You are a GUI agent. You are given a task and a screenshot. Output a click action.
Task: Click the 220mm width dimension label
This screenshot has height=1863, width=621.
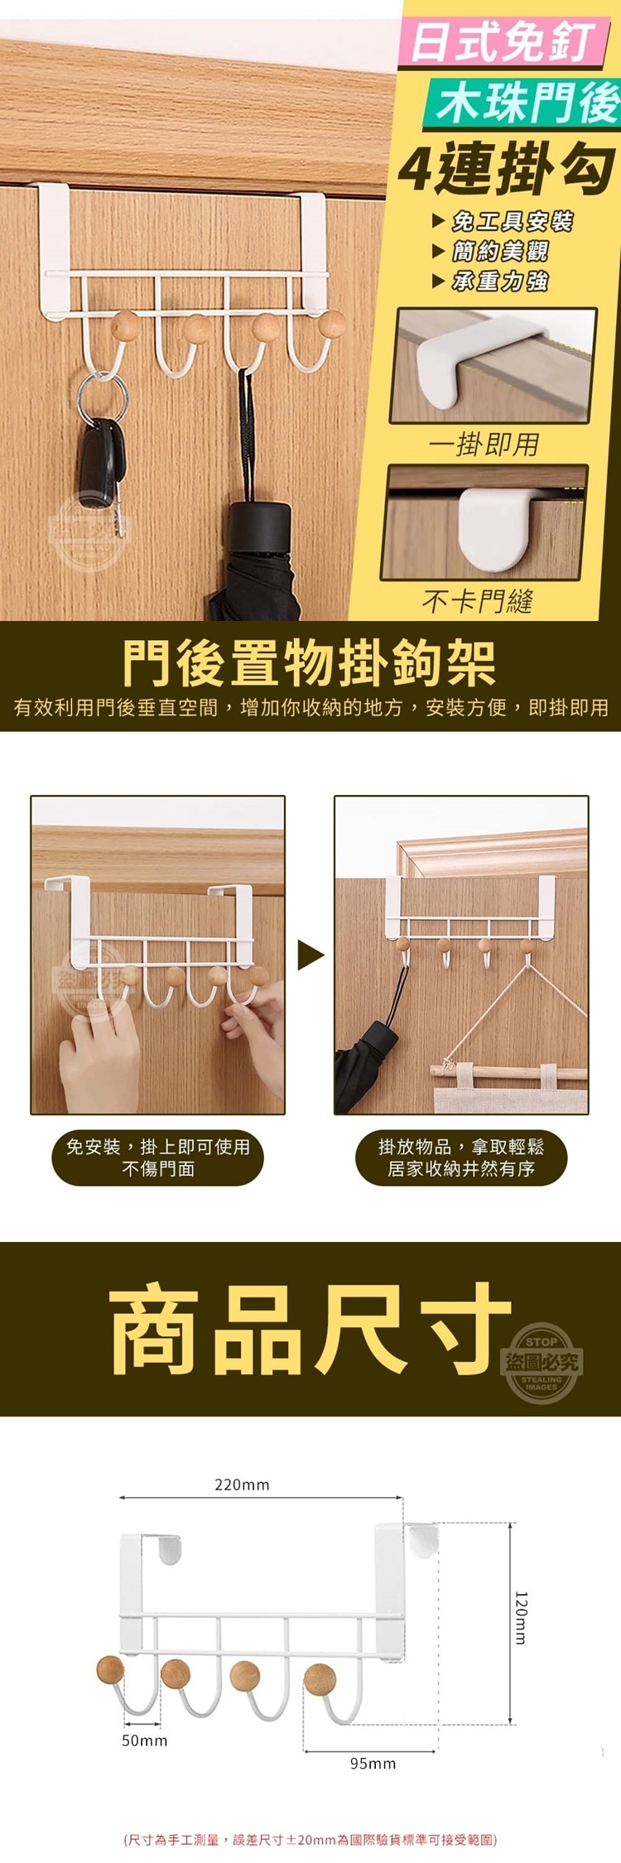coord(242,1485)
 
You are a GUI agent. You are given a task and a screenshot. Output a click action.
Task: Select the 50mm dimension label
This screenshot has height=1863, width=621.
coord(144,1740)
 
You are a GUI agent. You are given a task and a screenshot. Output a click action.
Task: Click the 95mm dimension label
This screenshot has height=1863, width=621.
coord(373,1764)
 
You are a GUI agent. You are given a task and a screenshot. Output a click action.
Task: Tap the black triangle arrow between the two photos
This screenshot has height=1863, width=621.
coord(310,956)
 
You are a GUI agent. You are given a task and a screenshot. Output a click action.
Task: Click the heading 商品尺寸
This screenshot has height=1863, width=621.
coord(310,1328)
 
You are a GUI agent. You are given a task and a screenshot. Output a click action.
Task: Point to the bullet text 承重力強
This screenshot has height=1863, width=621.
coord(501,282)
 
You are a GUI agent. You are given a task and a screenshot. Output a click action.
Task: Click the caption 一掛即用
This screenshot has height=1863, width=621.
coord(484,445)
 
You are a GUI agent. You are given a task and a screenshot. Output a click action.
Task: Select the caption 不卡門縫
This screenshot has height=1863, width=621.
coord(478,600)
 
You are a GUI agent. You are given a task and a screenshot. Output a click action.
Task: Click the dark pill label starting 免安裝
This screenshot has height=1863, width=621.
coord(157,1158)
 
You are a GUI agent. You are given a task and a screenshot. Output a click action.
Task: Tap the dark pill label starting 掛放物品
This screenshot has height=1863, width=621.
coord(461,1158)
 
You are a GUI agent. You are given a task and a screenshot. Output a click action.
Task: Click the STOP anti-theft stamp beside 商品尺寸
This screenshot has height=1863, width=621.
coord(542,1363)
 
